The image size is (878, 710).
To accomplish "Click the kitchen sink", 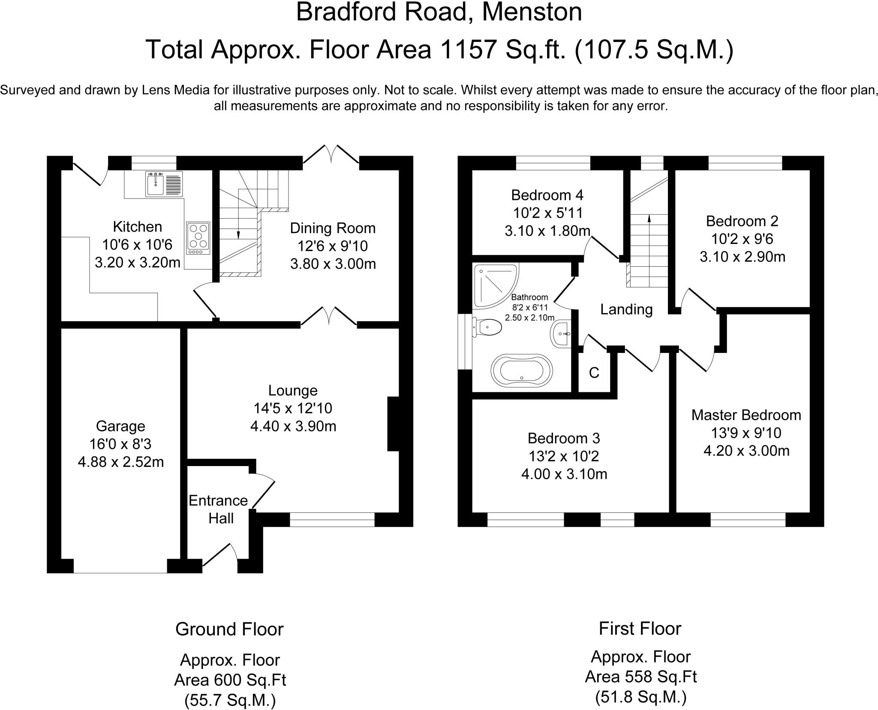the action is click(x=164, y=184).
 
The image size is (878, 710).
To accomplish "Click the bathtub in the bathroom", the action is click(x=522, y=368).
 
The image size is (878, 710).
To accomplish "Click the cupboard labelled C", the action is click(x=594, y=373).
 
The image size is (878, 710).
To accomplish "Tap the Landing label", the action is click(x=626, y=309).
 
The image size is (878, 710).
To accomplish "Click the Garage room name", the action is click(x=120, y=426).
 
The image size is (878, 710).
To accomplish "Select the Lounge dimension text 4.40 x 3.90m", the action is click(x=293, y=426).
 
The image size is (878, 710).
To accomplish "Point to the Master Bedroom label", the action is click(x=746, y=415).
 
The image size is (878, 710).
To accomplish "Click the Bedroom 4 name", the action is click(x=547, y=195).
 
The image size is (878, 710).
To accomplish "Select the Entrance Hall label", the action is click(x=219, y=509).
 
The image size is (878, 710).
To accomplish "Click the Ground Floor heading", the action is click(x=229, y=629).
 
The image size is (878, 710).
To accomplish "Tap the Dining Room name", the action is click(x=333, y=228).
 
